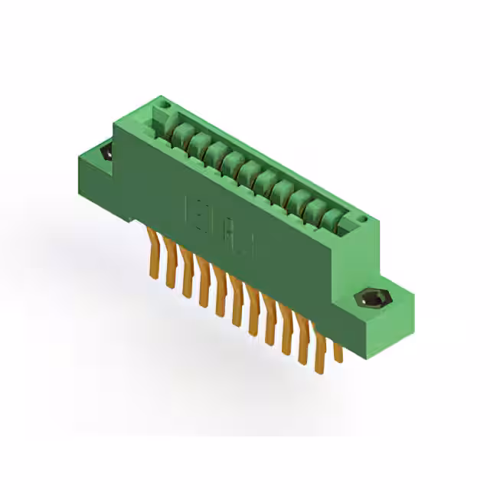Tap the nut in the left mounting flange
coord(106,152)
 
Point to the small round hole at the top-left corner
coord(162,102)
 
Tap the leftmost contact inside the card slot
coord(180,137)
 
